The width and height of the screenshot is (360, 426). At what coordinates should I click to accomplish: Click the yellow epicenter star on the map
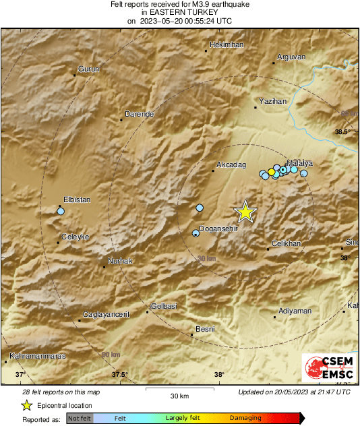pos(246,212)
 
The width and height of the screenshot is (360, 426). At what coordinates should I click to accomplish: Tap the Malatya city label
pos(300,163)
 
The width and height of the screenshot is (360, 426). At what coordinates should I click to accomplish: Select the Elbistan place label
pos(76,200)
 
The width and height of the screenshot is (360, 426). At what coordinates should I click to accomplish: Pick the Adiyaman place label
pos(295,311)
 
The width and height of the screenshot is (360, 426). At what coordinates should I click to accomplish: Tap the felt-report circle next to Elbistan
pos(61,212)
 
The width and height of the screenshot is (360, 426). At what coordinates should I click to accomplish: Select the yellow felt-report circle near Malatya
pos(271,172)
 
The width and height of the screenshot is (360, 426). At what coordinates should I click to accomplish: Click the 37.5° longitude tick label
pos(119,375)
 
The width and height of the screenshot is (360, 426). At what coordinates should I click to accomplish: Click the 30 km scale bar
pos(179,388)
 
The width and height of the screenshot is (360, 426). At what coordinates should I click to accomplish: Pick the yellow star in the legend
pos(27,405)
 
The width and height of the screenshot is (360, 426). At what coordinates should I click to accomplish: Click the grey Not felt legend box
pos(80,419)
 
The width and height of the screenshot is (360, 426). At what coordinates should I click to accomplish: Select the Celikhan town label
pos(286,243)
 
